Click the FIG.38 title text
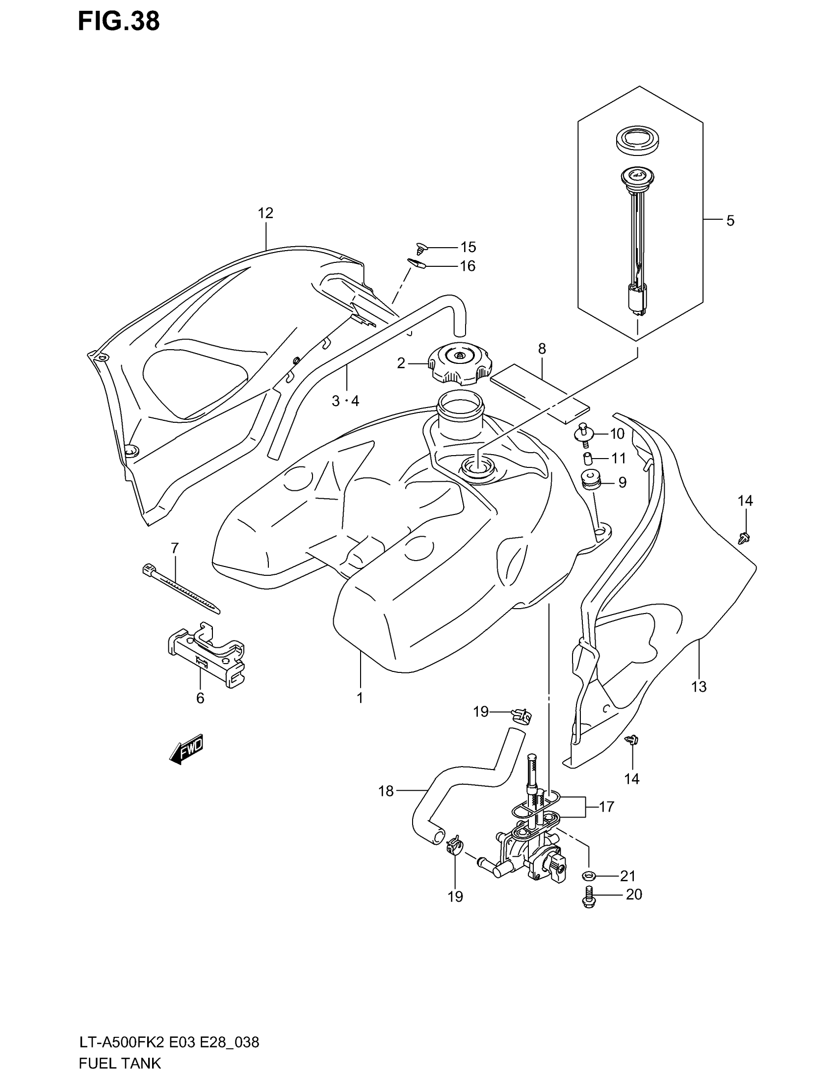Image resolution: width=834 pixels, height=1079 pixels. (x=119, y=22)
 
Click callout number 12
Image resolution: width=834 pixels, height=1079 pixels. (x=265, y=213)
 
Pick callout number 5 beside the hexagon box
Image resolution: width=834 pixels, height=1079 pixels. (x=730, y=221)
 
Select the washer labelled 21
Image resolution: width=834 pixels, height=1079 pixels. (x=588, y=876)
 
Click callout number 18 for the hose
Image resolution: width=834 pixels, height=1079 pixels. (x=386, y=792)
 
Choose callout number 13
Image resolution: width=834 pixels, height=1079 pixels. (x=699, y=687)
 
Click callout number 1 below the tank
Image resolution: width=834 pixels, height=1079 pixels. (x=360, y=697)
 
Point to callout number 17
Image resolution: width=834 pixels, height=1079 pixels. (x=606, y=807)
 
